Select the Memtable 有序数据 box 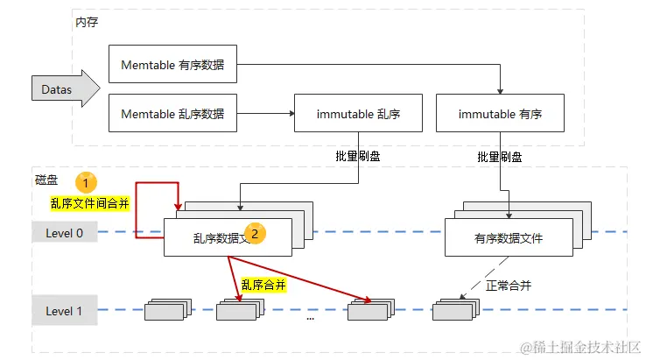(x=172, y=64)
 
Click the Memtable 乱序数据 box (x=172, y=114)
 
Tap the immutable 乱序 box (x=357, y=114)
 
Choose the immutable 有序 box (x=500, y=114)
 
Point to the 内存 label (x=87, y=20)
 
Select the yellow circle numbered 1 (x=85, y=182)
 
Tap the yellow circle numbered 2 (x=254, y=233)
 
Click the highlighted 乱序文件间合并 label (x=89, y=203)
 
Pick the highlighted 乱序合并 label (x=263, y=285)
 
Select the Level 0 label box (x=64, y=232)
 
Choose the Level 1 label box (x=64, y=311)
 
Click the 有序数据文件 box (x=509, y=237)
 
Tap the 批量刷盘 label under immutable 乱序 (x=358, y=156)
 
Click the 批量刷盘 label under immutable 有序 (x=500, y=157)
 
